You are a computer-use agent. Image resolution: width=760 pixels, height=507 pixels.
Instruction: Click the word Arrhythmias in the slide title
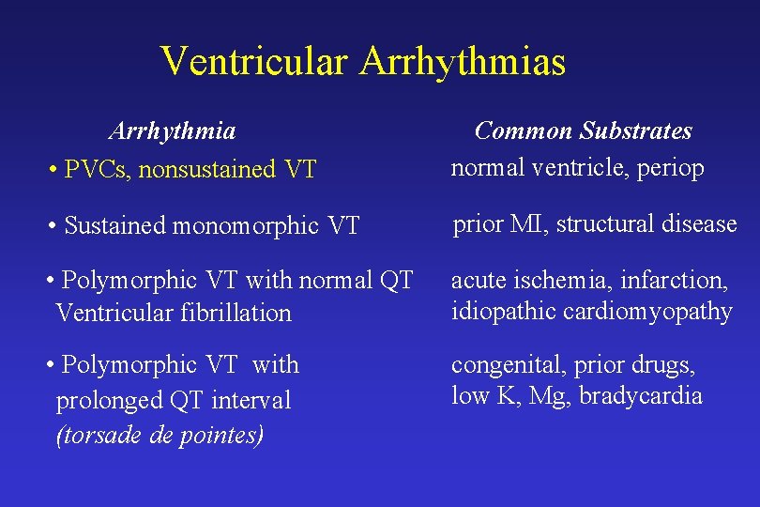click(x=463, y=62)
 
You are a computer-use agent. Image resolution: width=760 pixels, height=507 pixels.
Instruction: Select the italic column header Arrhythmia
click(x=172, y=130)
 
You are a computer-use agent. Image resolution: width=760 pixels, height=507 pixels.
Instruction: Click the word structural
click(x=600, y=224)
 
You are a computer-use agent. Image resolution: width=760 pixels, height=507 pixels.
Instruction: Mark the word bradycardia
click(x=641, y=395)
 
